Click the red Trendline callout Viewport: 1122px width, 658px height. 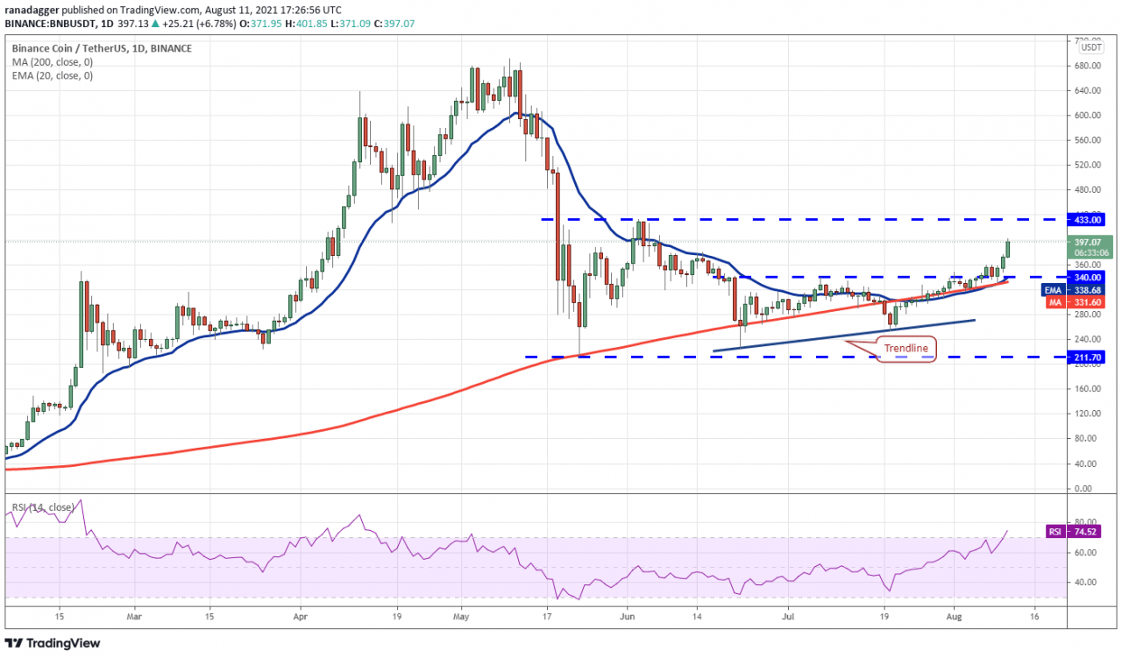click(905, 349)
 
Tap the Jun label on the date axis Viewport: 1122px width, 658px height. click(627, 616)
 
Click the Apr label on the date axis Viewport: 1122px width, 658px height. click(300, 616)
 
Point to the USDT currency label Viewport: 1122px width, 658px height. click(1091, 46)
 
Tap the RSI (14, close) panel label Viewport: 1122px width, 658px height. click(44, 506)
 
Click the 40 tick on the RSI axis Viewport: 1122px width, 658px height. click(1084, 582)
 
